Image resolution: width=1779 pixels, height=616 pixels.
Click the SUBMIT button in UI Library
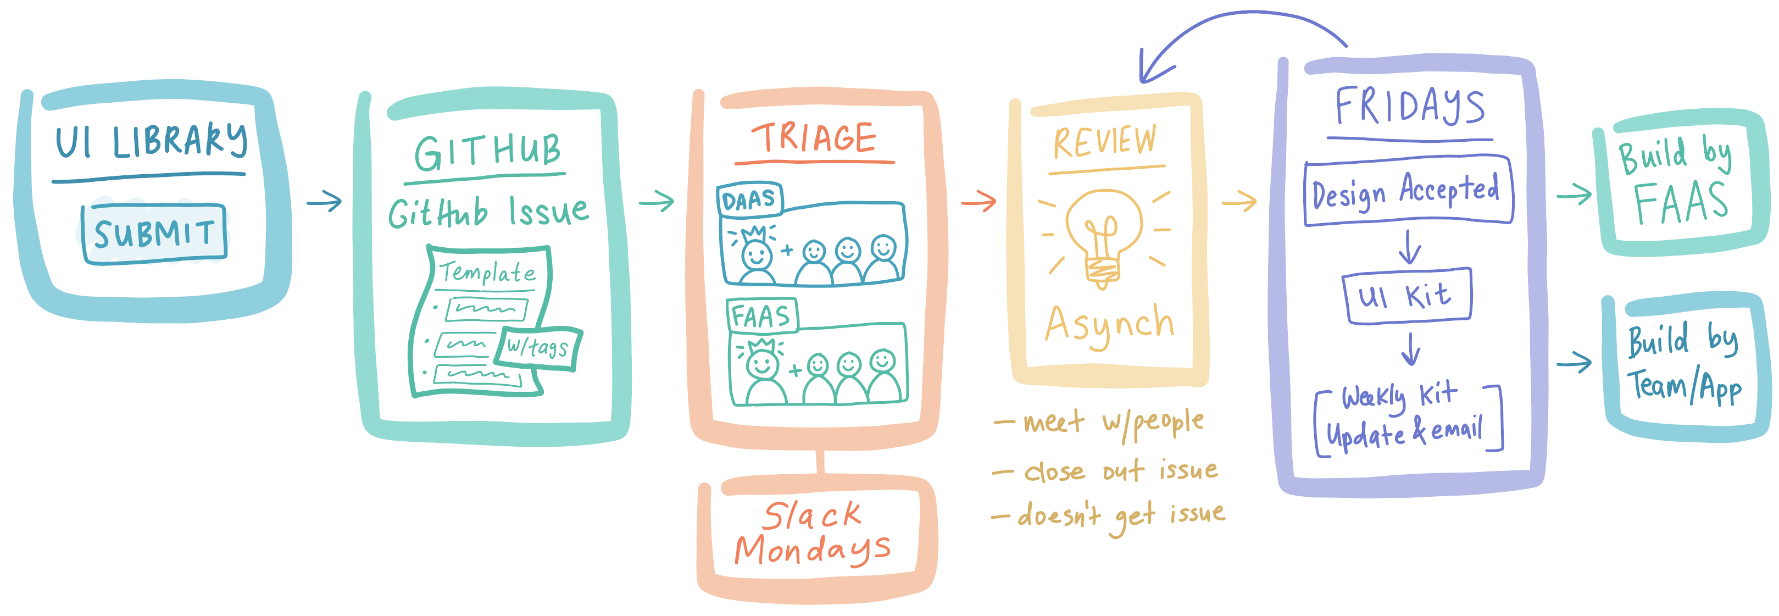(x=154, y=234)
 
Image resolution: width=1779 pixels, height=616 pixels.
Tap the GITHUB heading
(x=487, y=152)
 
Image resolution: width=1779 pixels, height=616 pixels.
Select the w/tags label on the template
(x=538, y=347)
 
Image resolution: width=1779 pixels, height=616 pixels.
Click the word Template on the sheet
(x=487, y=273)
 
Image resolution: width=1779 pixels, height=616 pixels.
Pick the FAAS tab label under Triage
(x=761, y=317)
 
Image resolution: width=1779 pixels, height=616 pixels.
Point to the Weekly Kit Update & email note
(x=1408, y=417)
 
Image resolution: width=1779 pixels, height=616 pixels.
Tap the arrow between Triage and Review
(x=978, y=202)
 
